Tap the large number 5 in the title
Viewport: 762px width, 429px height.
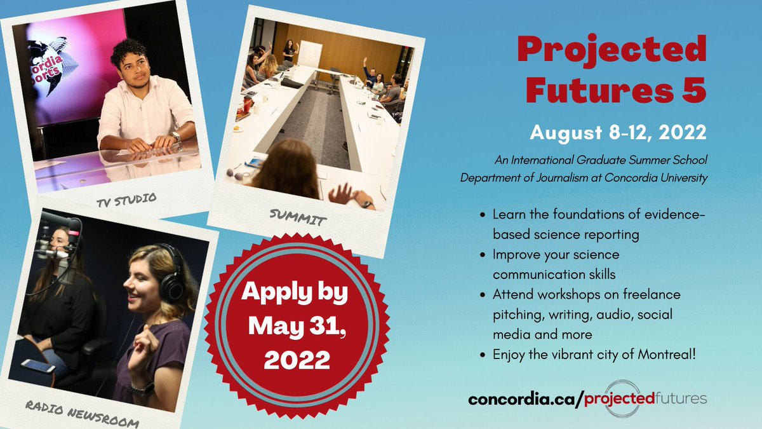pos(693,90)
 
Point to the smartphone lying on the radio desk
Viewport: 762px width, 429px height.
pos(39,367)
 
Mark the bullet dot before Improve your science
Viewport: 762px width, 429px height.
pos(485,255)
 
